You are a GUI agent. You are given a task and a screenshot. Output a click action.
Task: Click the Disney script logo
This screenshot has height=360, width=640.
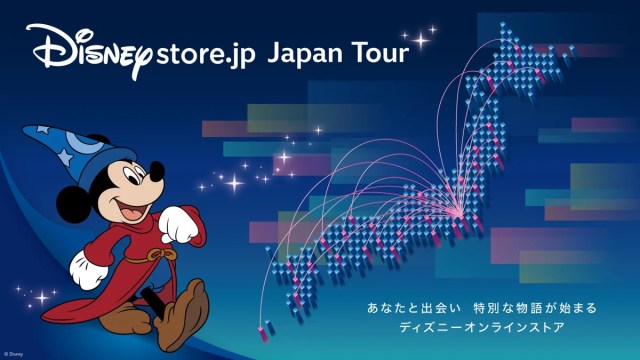click(x=90, y=50)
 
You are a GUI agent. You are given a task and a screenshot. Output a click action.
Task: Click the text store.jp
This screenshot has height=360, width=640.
click(x=205, y=54)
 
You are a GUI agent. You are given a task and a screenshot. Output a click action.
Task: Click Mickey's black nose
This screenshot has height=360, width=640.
click(x=157, y=171)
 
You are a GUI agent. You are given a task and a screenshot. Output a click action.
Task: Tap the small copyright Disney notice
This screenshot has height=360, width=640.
click(x=13, y=354)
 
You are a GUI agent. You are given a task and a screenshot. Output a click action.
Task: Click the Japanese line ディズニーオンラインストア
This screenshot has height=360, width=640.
click(x=482, y=327)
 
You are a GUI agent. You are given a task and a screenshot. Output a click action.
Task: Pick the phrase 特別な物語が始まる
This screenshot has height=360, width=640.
click(x=535, y=308)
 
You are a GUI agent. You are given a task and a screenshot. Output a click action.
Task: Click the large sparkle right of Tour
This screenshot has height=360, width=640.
click(x=420, y=40)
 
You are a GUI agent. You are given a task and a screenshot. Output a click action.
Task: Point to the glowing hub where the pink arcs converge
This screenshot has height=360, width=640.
click(x=460, y=213)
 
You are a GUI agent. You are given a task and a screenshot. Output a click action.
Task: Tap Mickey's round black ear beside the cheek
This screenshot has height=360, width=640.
click(x=73, y=204)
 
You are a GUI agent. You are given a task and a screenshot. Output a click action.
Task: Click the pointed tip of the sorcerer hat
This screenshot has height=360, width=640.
click(x=25, y=130)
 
